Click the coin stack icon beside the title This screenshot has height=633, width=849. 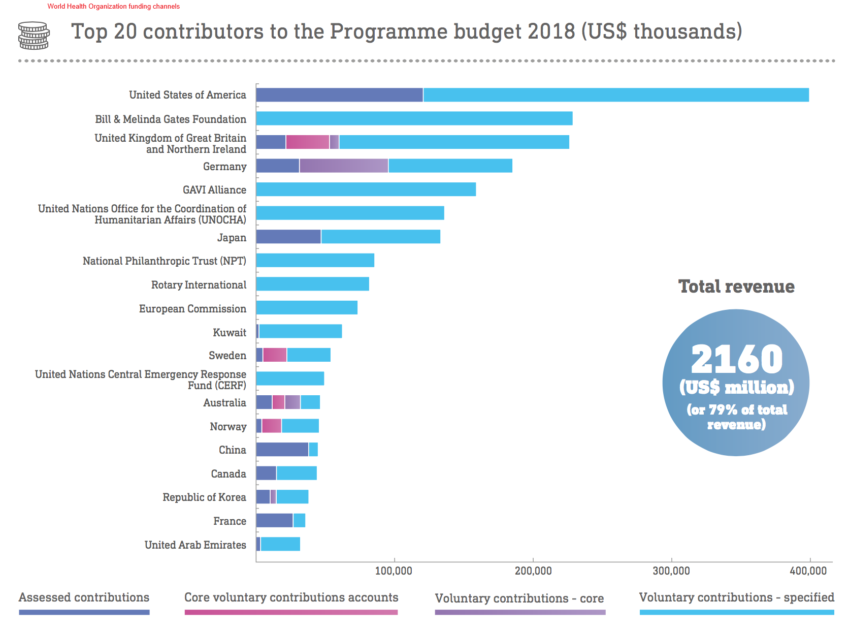tap(34, 35)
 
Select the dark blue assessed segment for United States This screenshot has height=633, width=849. tap(339, 95)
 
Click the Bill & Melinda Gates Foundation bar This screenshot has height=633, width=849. tap(414, 118)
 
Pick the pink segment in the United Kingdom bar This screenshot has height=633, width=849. tap(307, 142)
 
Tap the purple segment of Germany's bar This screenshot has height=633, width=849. tap(344, 166)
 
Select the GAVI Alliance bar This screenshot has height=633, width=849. tap(366, 189)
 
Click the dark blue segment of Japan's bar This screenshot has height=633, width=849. tap(288, 237)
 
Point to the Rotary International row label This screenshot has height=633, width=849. tap(199, 285)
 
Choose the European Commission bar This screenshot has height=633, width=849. tap(307, 308)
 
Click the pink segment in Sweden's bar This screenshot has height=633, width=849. tap(275, 355)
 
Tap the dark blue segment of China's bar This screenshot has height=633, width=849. tap(282, 450)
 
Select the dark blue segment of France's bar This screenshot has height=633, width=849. tap(274, 521)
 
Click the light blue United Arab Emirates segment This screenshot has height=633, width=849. tap(280, 544)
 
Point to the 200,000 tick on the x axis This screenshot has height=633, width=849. tap(533, 571)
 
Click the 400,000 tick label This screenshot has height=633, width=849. tap(808, 571)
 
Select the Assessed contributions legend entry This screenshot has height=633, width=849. tap(84, 598)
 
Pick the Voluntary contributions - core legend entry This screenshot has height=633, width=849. tap(519, 599)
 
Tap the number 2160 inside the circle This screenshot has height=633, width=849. tap(737, 359)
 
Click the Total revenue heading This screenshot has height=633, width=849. tap(736, 287)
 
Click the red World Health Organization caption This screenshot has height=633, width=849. tap(114, 7)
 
